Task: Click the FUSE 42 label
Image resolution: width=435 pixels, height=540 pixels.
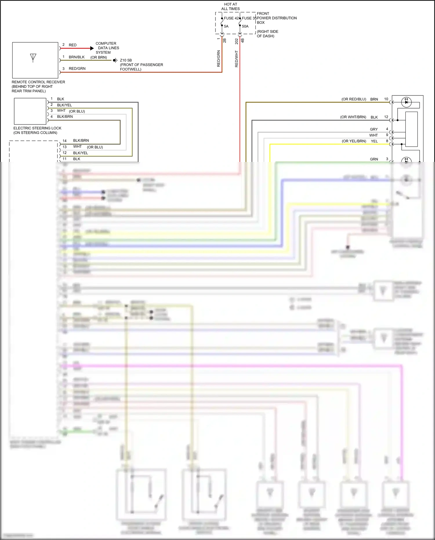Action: [231, 18]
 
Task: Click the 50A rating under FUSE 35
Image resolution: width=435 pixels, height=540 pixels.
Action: [245, 26]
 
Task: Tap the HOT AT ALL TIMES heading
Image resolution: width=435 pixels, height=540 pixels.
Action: [231, 6]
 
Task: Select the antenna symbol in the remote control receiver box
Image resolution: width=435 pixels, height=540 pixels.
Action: [33, 57]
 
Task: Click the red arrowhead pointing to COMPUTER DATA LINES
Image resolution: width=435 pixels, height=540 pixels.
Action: [92, 48]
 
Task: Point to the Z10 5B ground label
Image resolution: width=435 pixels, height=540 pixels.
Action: [126, 60]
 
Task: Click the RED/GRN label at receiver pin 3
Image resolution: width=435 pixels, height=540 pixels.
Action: [77, 68]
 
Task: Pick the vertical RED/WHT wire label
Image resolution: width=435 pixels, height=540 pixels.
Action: [236, 59]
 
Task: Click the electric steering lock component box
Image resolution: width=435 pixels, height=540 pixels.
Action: [30, 111]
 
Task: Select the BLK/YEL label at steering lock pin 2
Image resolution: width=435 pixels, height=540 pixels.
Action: [64, 105]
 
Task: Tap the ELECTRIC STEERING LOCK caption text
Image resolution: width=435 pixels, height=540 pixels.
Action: [37, 128]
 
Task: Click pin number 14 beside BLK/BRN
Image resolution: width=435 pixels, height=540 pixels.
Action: [64, 141]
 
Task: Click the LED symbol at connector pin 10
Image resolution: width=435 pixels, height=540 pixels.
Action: [406, 102]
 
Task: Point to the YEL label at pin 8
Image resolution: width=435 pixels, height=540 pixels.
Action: [374, 141]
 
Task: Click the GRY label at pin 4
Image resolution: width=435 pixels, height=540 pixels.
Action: [374, 129]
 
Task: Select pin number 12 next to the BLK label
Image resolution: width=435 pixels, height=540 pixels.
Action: [386, 117]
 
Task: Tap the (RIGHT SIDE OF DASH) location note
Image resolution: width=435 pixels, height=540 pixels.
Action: [267, 34]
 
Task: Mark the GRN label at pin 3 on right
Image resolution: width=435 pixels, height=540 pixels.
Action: [374, 159]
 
